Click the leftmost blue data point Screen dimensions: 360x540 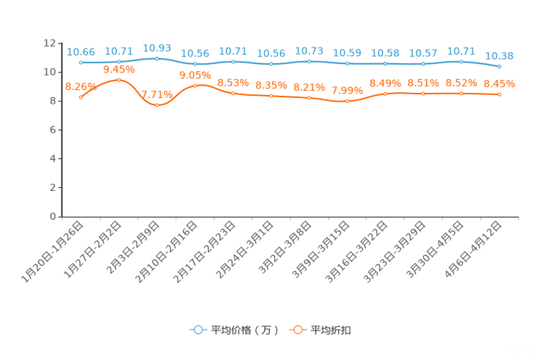click(x=81, y=62)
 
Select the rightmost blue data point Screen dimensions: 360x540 click(x=499, y=66)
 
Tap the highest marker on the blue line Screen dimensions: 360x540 click(x=157, y=58)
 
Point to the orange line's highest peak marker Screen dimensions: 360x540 click(x=119, y=79)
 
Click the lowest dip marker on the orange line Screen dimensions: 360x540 click(x=157, y=106)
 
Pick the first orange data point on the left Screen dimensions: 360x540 click(x=81, y=97)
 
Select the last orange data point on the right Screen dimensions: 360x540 click(x=499, y=95)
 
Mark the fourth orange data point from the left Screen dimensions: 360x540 click(x=195, y=86)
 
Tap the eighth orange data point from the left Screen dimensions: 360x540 click(x=348, y=102)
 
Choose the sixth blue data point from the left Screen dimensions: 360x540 click(x=271, y=65)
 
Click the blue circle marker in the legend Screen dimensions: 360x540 click(x=197, y=330)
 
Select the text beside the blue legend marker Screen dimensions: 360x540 click(x=243, y=330)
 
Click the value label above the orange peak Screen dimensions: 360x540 click(x=119, y=69)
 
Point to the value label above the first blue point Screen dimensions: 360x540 click(x=81, y=52)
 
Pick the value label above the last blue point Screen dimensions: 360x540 click(x=499, y=55)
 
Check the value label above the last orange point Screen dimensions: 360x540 click(x=499, y=84)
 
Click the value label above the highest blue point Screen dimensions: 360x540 click(x=157, y=47)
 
